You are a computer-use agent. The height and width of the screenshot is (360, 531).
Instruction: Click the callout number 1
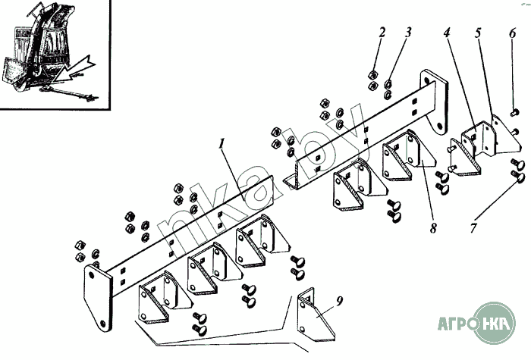coord(222,144)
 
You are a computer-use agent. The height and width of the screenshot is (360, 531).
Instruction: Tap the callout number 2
coord(382,33)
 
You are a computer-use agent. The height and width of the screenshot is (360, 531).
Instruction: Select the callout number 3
coord(408,33)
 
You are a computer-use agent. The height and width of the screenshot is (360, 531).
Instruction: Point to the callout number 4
coord(447,33)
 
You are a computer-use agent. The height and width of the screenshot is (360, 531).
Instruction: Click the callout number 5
coord(478,33)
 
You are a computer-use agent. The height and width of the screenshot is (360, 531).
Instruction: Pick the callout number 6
coord(512,33)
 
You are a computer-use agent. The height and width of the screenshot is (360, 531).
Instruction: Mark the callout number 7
coord(473,227)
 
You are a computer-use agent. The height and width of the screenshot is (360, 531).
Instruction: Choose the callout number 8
coord(433,228)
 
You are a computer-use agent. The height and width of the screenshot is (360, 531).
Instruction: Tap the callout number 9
coord(340,300)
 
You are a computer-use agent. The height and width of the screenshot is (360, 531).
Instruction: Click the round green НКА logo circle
coord(495,323)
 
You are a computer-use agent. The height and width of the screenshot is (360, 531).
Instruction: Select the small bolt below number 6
coord(514,112)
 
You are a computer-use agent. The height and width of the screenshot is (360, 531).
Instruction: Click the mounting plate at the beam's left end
coord(97,297)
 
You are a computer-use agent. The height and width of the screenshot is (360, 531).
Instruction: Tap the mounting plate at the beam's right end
coord(435,102)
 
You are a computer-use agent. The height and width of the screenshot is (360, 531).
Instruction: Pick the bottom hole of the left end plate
coord(103,322)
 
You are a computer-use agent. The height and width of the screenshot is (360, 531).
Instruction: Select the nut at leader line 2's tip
coord(373,75)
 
